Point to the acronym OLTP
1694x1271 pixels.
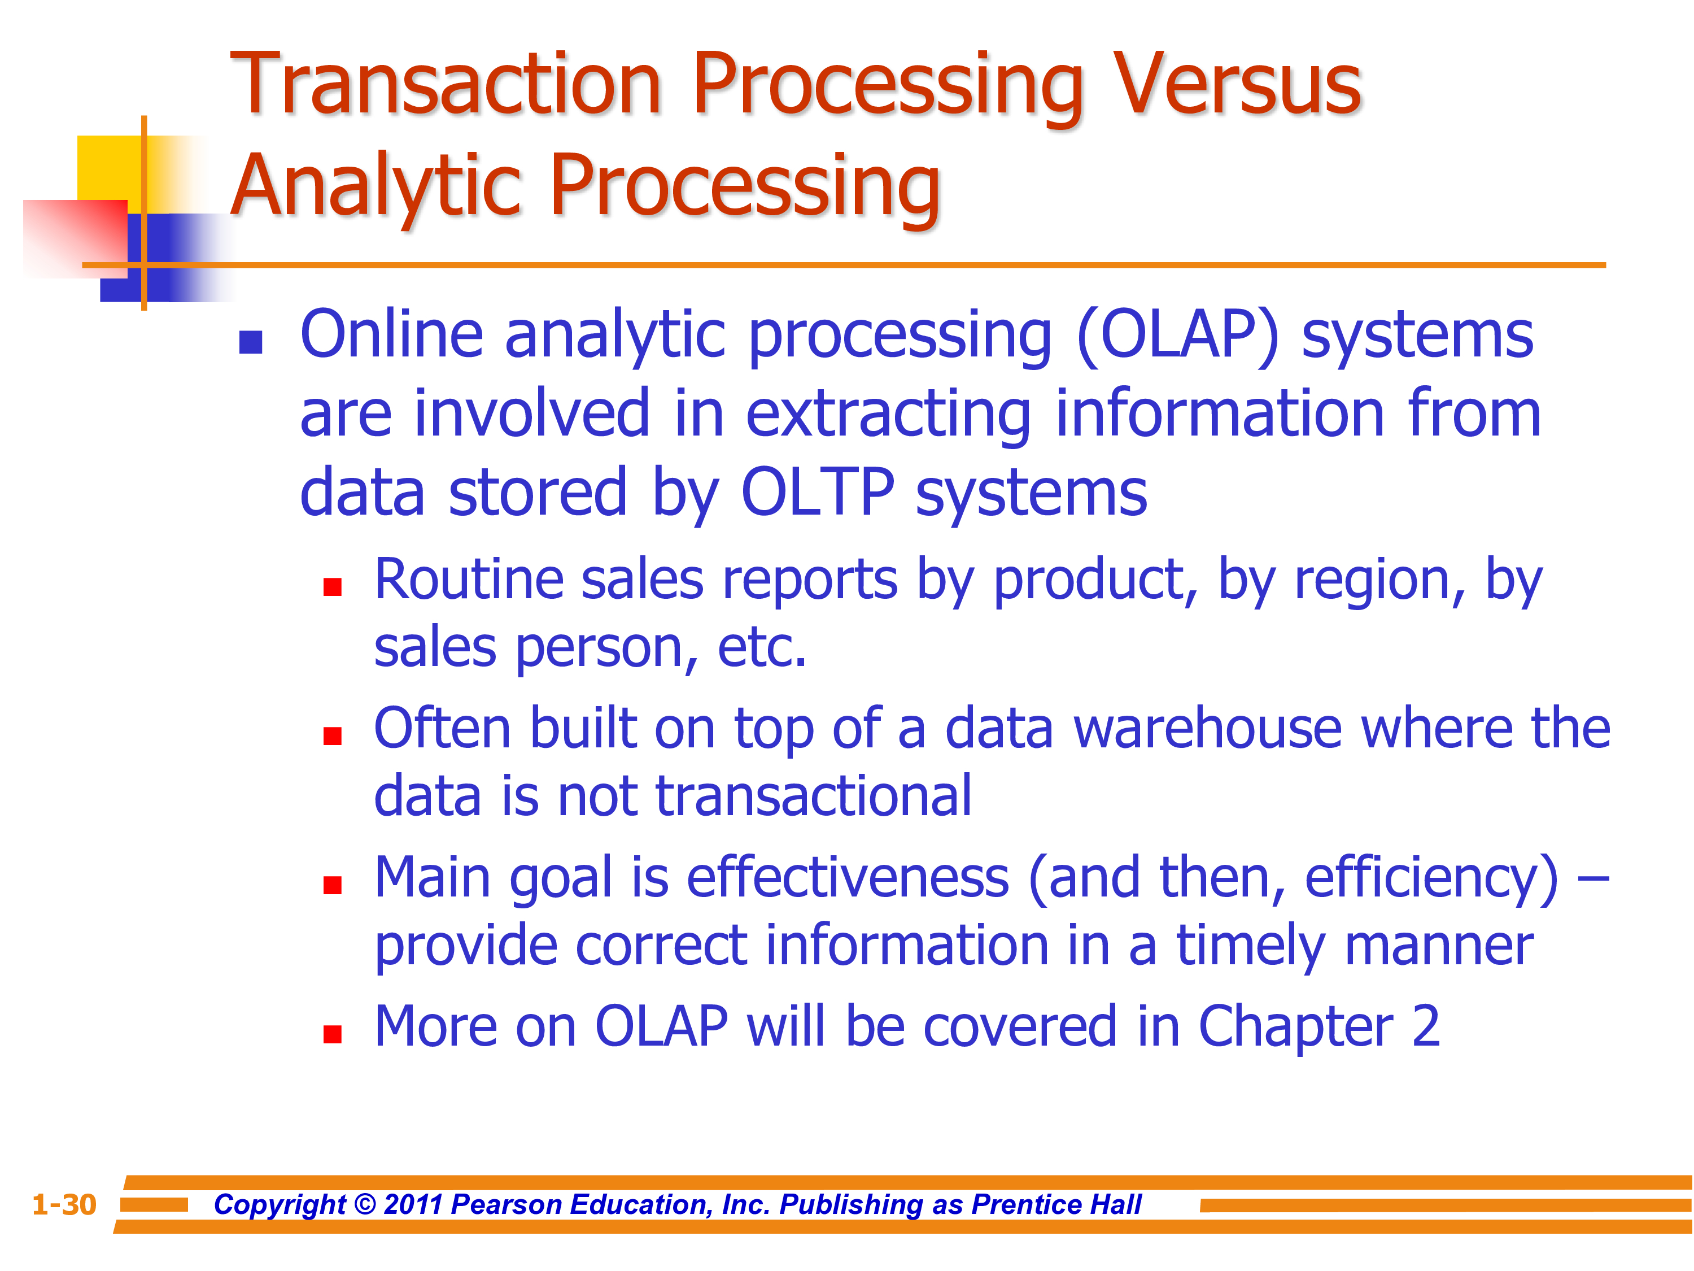tap(817, 492)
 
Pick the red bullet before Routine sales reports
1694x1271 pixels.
tap(333, 587)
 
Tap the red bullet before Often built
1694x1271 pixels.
tap(333, 735)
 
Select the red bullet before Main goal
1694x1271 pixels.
tap(333, 885)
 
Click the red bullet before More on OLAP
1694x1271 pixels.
tap(333, 1034)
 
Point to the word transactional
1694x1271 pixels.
tap(813, 796)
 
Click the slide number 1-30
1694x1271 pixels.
tap(64, 1205)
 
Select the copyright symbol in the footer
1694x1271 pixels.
tap(366, 1205)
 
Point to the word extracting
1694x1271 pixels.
tap(888, 415)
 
